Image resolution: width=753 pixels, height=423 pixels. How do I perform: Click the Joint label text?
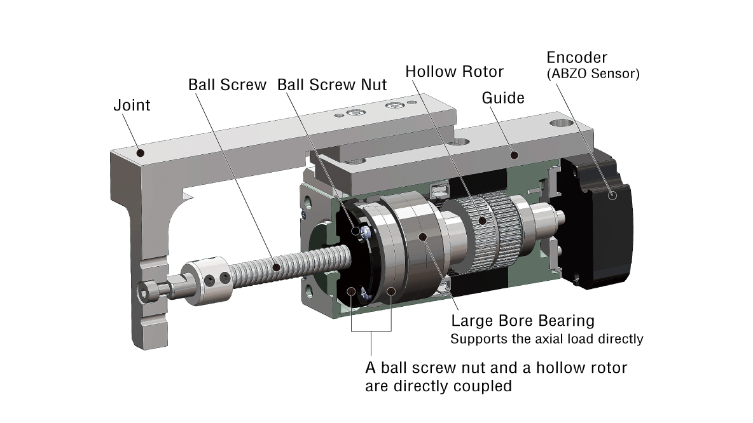tap(132, 105)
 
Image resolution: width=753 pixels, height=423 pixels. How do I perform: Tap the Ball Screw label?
tap(227, 85)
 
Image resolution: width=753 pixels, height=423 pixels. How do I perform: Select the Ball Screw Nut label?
tap(332, 85)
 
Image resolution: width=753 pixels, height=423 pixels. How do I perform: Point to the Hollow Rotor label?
tap(454, 71)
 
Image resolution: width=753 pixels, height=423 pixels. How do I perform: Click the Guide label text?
tap(503, 98)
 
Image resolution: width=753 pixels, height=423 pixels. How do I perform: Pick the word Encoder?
tap(581, 58)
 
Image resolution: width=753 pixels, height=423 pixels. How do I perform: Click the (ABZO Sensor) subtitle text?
tap(593, 74)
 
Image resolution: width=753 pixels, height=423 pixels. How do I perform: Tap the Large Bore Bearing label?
tap(522, 320)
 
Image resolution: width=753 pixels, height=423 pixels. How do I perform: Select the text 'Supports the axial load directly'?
tap(547, 339)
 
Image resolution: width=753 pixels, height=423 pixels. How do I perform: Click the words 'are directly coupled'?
tap(438, 386)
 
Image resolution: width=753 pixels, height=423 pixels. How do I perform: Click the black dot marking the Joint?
tap(141, 153)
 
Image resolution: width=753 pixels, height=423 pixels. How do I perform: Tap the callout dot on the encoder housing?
tap(613, 196)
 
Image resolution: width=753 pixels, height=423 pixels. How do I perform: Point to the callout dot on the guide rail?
tap(513, 154)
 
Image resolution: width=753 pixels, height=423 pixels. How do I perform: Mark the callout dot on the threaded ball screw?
tap(275, 267)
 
